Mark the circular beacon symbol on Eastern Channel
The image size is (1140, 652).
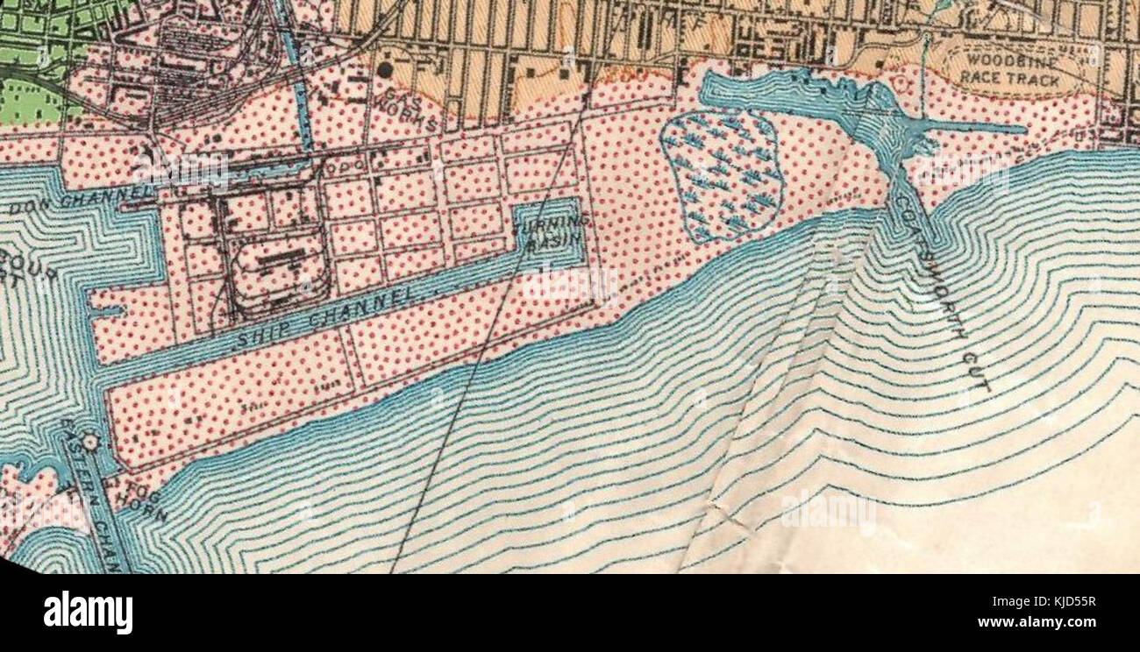pos(89,443)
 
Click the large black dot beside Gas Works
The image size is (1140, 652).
pos(384,68)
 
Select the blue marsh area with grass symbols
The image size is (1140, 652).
pos(721,176)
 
